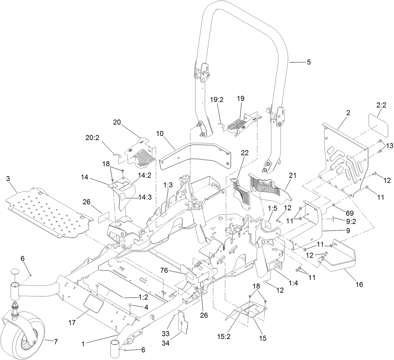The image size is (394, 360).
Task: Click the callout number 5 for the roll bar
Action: [x=309, y=62]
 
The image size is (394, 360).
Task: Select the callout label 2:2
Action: [x=381, y=106]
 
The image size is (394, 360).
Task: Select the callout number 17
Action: [x=72, y=322]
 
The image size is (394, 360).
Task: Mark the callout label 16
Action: [x=359, y=284]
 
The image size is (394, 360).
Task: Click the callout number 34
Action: [x=166, y=343]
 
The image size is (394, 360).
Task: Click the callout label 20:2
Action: [x=92, y=138]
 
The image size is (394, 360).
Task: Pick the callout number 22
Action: [x=245, y=153]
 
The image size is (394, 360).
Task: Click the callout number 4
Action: [x=146, y=307]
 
